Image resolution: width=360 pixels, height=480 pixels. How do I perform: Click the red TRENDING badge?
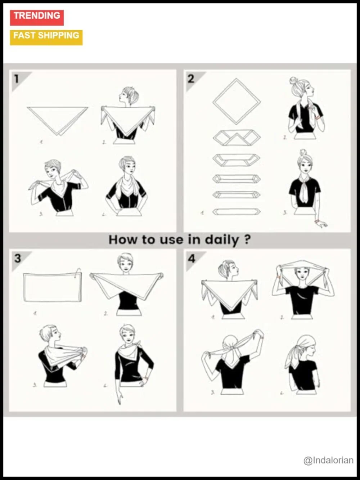(37, 18)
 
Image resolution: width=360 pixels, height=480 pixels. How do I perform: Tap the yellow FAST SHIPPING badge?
(46, 37)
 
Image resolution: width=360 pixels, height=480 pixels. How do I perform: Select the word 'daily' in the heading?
(222, 240)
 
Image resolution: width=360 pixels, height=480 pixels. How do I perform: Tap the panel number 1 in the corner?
(17, 79)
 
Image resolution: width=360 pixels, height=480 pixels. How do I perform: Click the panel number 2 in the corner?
(191, 79)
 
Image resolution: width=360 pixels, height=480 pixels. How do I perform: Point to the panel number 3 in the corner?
(18, 258)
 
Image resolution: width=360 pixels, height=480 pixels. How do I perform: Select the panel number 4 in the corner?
(192, 259)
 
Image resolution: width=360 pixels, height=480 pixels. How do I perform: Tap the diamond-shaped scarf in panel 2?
(237, 102)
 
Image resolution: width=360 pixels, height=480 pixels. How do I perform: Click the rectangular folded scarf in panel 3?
(53, 287)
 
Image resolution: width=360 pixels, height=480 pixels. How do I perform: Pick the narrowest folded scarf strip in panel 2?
(237, 211)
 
